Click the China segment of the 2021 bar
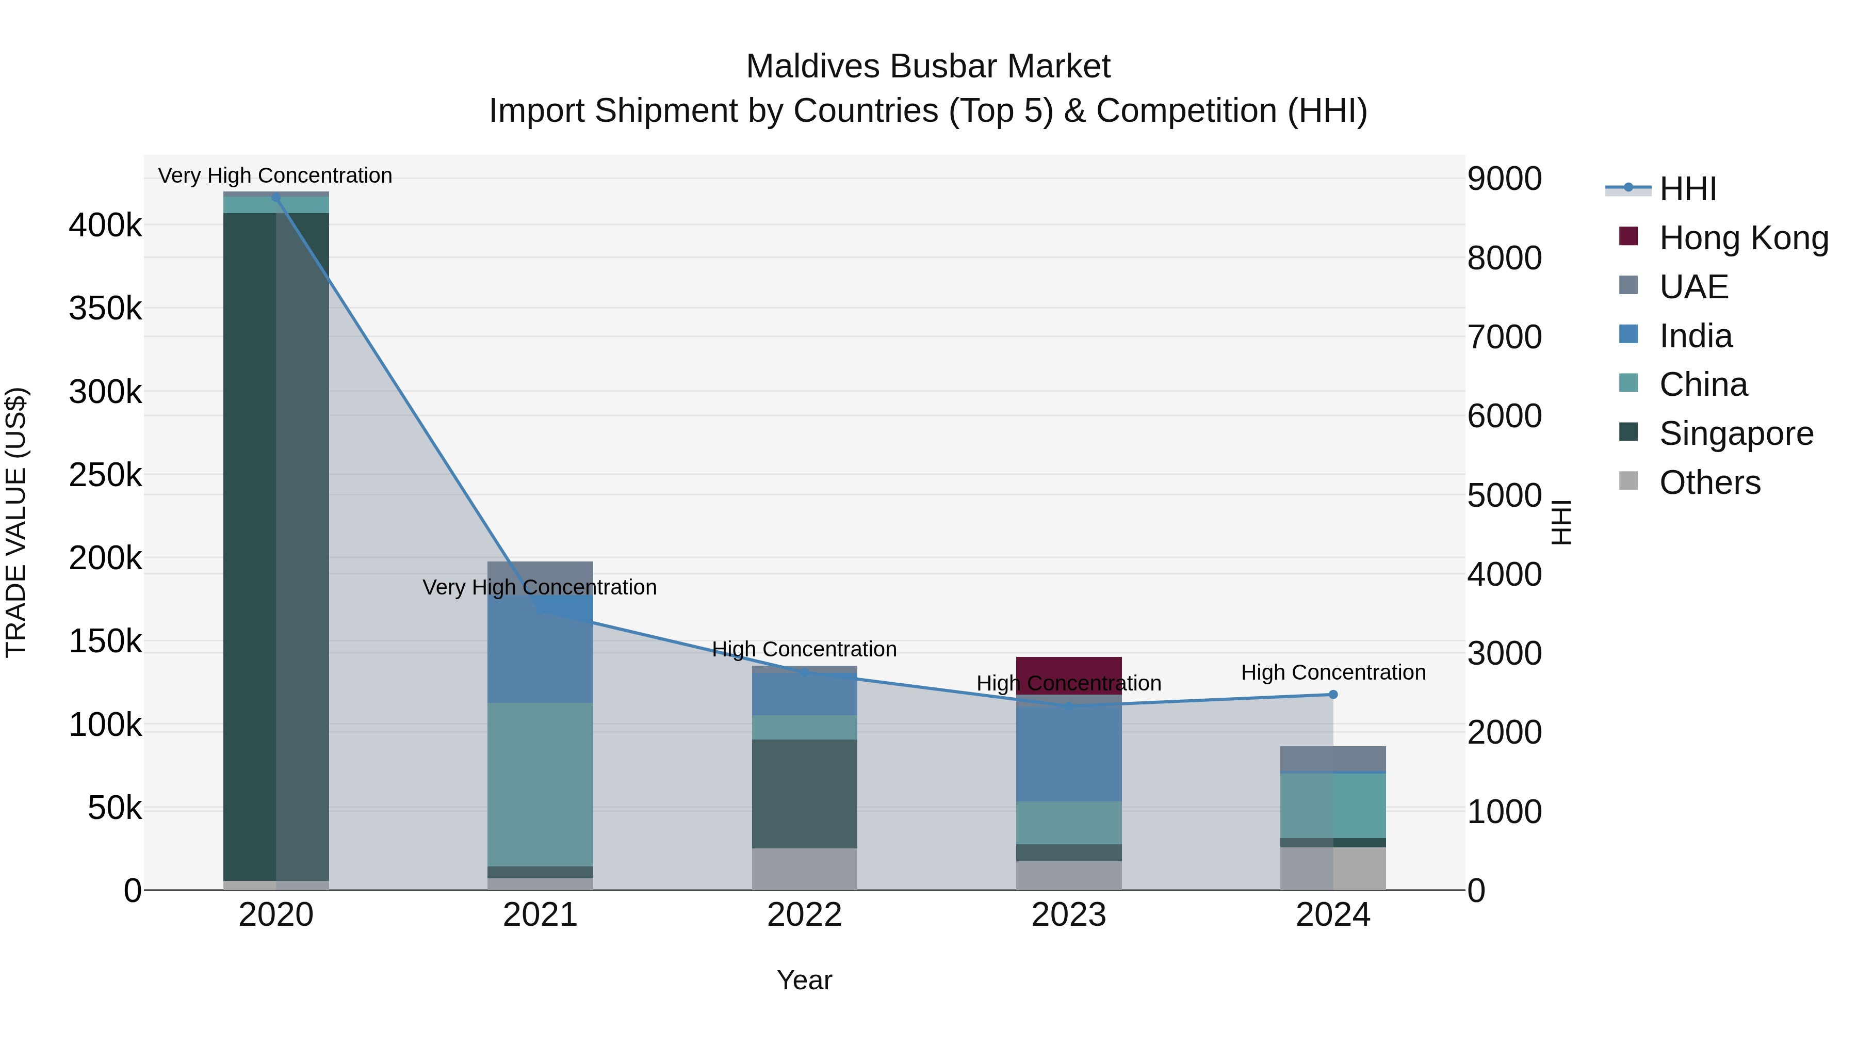click(x=540, y=784)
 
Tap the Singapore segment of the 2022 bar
click(x=805, y=793)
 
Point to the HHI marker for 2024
click(x=1333, y=695)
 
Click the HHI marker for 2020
click(x=276, y=198)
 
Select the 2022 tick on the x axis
click(x=805, y=915)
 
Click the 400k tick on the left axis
click(x=105, y=226)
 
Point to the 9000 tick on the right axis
click(x=1505, y=179)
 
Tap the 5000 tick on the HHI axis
click(x=1505, y=495)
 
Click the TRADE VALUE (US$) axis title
click(x=17, y=522)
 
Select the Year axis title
click(x=805, y=980)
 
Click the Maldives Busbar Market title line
click(x=928, y=67)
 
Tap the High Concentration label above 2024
click(x=1333, y=672)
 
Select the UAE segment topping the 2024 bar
click(x=1333, y=759)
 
